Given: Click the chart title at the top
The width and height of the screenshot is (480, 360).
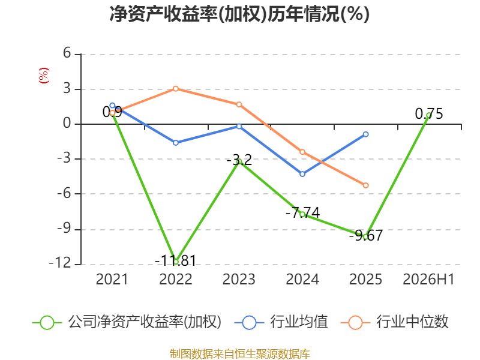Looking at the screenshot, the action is (x=239, y=14).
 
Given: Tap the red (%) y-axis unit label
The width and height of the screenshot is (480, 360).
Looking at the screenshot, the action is (x=43, y=76).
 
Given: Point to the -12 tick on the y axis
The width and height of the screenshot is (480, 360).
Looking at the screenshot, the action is (x=60, y=263).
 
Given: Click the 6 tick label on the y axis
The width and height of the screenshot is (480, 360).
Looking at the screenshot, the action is (x=67, y=53).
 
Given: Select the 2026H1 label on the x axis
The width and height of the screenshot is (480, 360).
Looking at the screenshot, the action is (x=428, y=279).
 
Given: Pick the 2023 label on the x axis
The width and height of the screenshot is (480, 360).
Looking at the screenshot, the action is (x=239, y=279).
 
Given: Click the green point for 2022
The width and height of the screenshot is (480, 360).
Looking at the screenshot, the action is (x=176, y=262).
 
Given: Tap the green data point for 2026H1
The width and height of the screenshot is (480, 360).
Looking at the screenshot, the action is (x=429, y=115).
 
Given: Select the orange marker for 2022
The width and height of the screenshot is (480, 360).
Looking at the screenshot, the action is (x=176, y=89).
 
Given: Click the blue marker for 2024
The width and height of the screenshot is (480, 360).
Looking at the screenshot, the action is (x=302, y=174).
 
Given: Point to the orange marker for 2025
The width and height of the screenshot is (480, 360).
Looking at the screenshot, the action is (x=366, y=185).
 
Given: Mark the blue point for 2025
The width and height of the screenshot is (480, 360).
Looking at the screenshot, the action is (x=366, y=134).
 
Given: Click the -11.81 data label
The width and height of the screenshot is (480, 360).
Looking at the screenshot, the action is (x=175, y=261).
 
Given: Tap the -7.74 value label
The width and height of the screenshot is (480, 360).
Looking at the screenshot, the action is (x=303, y=213).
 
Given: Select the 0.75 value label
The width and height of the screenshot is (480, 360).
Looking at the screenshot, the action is (x=429, y=114).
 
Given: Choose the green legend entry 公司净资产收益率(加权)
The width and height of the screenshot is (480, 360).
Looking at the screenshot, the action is (x=127, y=322).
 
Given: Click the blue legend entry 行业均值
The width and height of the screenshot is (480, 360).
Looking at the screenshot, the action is (x=281, y=322).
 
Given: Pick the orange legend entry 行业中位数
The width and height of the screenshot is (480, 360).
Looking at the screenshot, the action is (x=394, y=322).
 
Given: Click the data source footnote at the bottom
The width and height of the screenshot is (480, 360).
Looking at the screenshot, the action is (x=240, y=354).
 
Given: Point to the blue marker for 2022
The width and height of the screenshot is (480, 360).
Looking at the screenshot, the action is (x=176, y=143).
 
